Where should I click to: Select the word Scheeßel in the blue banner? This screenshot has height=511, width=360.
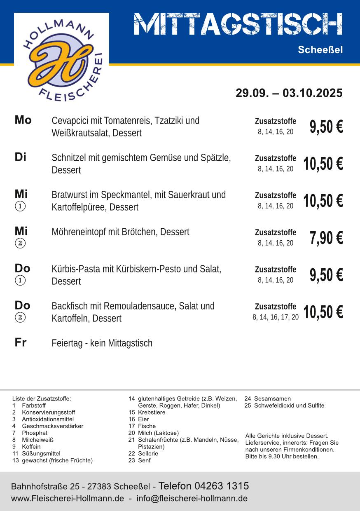tap(320, 50)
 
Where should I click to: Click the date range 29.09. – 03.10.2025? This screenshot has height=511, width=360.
tap(289, 93)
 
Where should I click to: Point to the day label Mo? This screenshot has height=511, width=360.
tap(23, 120)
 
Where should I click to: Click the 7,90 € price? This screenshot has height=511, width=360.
tap(326, 238)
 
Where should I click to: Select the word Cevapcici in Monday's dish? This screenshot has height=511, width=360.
tap(68, 121)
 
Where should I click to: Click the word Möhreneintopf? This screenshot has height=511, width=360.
tap(79, 232)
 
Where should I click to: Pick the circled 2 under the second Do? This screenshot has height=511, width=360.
tap(20, 317)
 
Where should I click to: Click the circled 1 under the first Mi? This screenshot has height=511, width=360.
tap(20, 206)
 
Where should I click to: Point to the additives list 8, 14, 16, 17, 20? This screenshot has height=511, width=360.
tap(276, 317)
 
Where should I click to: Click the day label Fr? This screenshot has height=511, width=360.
tap(21, 342)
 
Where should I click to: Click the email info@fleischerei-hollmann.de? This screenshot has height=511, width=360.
tap(192, 498)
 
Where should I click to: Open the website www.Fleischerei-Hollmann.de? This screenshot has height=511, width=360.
tap(68, 498)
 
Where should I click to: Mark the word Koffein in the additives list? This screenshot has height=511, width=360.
tap(31, 447)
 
